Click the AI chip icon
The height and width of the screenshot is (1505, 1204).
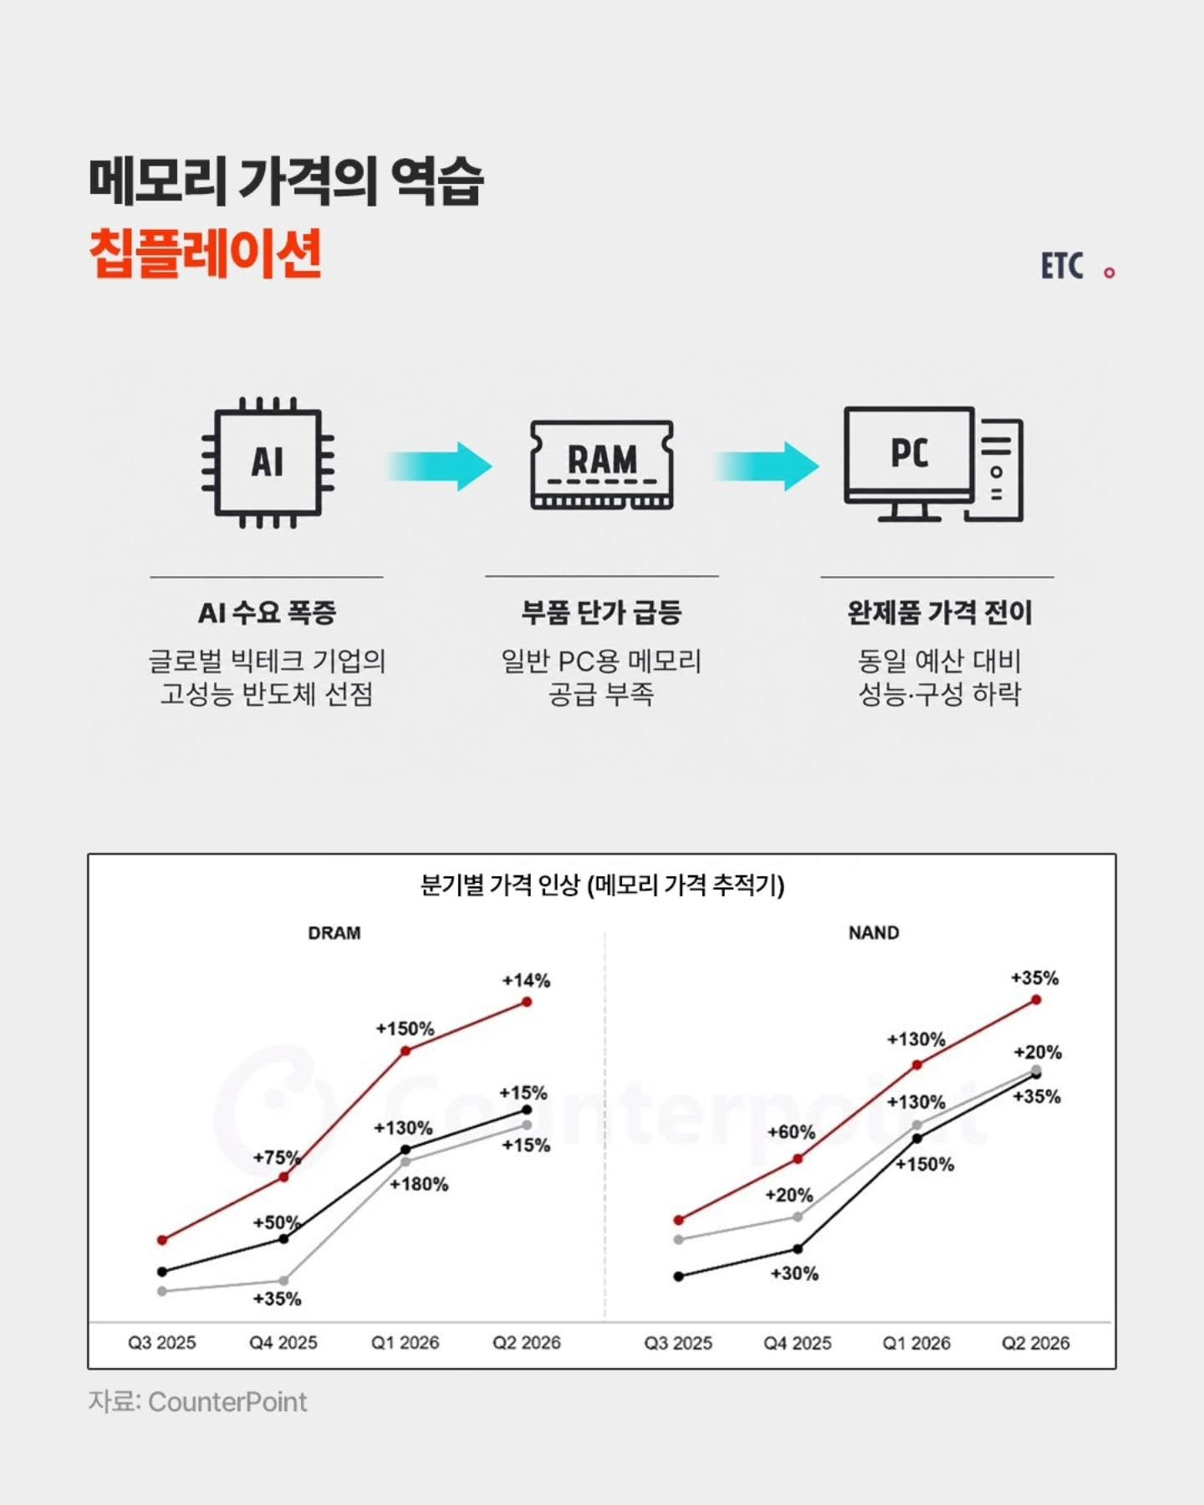(268, 462)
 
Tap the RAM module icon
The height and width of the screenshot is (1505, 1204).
(602, 464)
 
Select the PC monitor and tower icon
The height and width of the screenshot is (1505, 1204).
(933, 464)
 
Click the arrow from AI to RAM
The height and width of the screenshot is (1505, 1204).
(439, 466)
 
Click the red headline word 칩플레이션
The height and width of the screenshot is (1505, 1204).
(206, 253)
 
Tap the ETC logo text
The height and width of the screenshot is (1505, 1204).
(1062, 267)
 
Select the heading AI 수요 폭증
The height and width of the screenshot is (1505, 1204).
(267, 613)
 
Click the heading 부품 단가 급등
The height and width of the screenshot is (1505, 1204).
(601, 613)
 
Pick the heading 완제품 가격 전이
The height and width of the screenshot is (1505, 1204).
(940, 613)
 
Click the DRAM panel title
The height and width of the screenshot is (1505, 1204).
(334, 933)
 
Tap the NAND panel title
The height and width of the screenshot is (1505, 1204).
(874, 933)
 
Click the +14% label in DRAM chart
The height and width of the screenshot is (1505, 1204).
(526, 980)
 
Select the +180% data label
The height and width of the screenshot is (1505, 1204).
(419, 1184)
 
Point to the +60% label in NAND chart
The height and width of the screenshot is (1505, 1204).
(791, 1132)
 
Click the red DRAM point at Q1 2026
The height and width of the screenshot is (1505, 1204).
(406, 1051)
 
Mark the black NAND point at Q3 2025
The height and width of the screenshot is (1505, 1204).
(678, 1277)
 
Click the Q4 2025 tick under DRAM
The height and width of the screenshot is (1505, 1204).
(283, 1343)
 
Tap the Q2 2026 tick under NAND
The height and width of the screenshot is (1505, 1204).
(1036, 1343)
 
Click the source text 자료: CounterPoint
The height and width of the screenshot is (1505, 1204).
(198, 1402)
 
